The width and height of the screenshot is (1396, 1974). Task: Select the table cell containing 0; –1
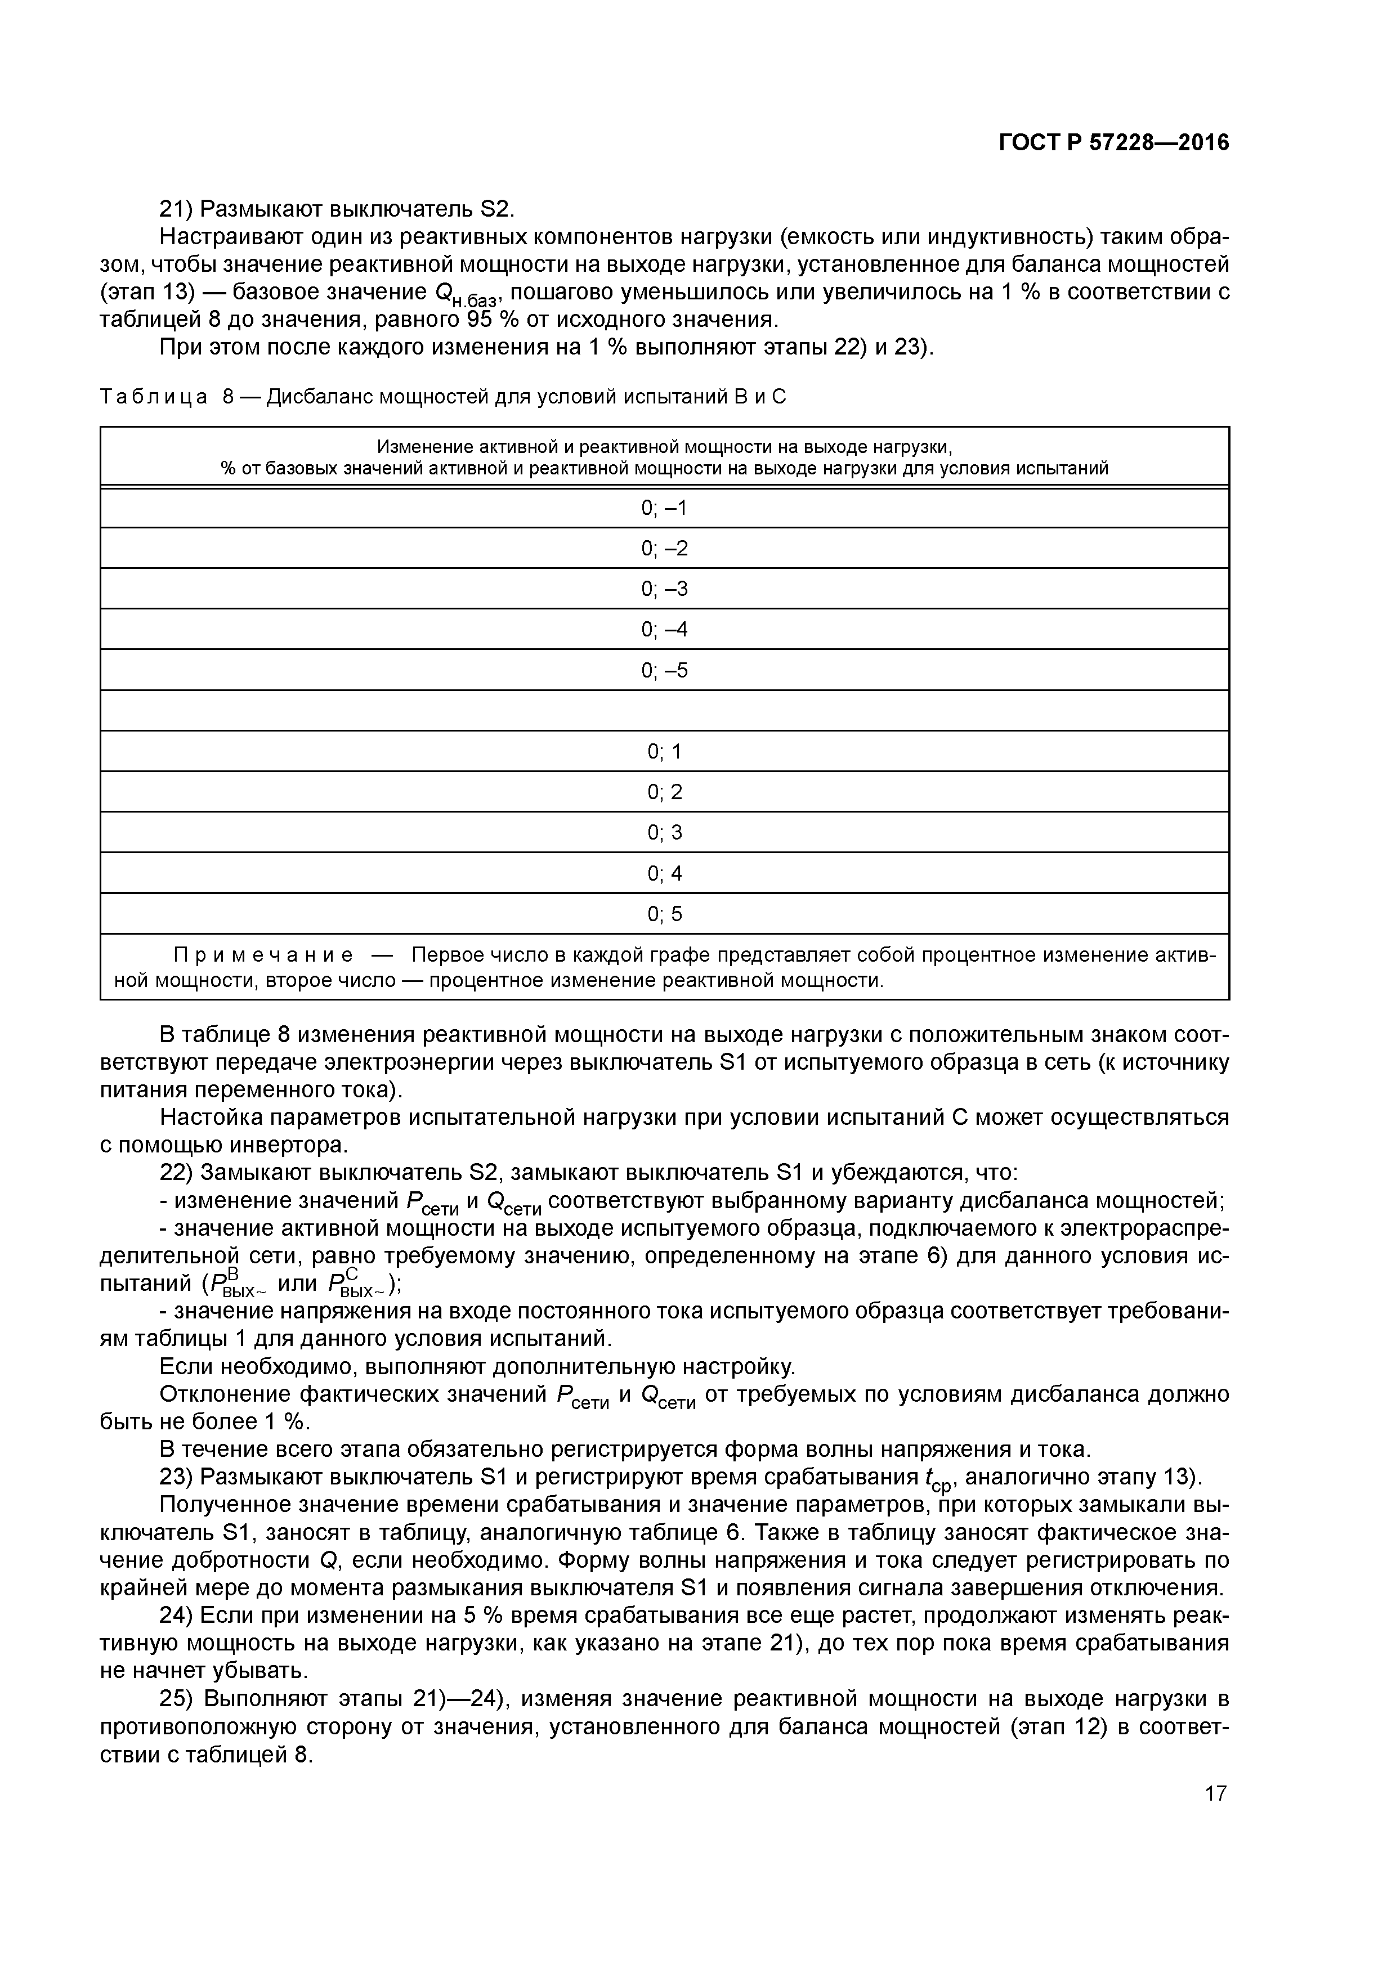[x=664, y=508]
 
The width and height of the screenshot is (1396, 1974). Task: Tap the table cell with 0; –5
[x=664, y=670]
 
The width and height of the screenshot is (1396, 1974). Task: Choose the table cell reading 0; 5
[x=664, y=913]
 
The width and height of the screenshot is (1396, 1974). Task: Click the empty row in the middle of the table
[x=664, y=710]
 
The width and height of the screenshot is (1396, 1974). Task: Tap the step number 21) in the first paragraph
[x=176, y=209]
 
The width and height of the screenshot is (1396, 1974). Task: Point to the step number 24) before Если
[x=176, y=1616]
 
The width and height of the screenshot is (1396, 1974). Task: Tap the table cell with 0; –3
[x=664, y=589]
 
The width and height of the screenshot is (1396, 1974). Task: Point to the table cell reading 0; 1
[x=664, y=751]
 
